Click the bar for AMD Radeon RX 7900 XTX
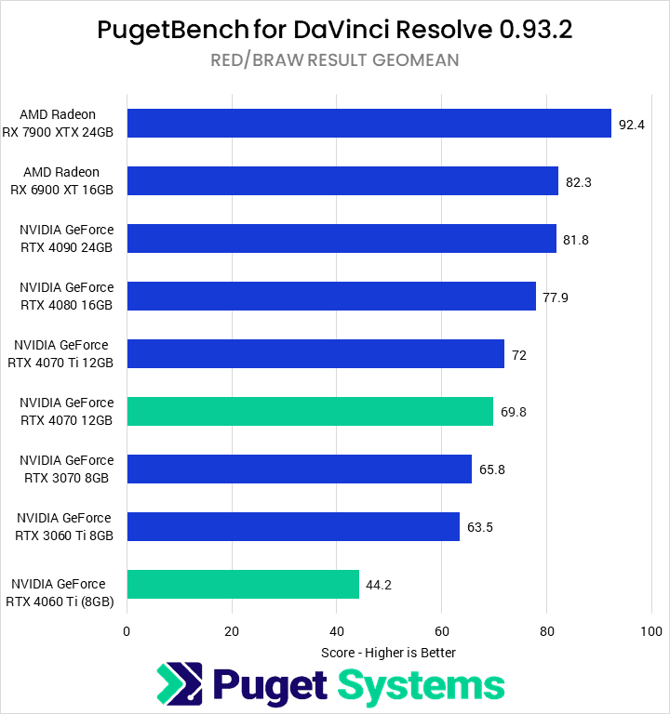pyautogui.click(x=368, y=123)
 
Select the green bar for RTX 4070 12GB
pyautogui.click(x=310, y=412)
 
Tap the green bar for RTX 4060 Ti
pyautogui.click(x=243, y=585)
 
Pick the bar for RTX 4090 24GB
pyautogui.click(x=342, y=239)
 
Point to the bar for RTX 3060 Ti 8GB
pyautogui.click(x=293, y=527)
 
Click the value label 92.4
pyautogui.click(x=632, y=124)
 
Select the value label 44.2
pyautogui.click(x=380, y=585)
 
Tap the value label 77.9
pyautogui.click(x=556, y=297)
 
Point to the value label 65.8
pyautogui.click(x=492, y=469)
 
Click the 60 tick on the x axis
pyautogui.click(x=442, y=631)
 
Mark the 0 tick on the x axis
pyautogui.click(x=127, y=631)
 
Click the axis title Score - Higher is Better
pyautogui.click(x=388, y=653)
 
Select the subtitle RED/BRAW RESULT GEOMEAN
pyautogui.click(x=334, y=60)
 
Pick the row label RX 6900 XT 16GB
pyautogui.click(x=61, y=190)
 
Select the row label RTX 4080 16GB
pyautogui.click(x=66, y=305)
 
